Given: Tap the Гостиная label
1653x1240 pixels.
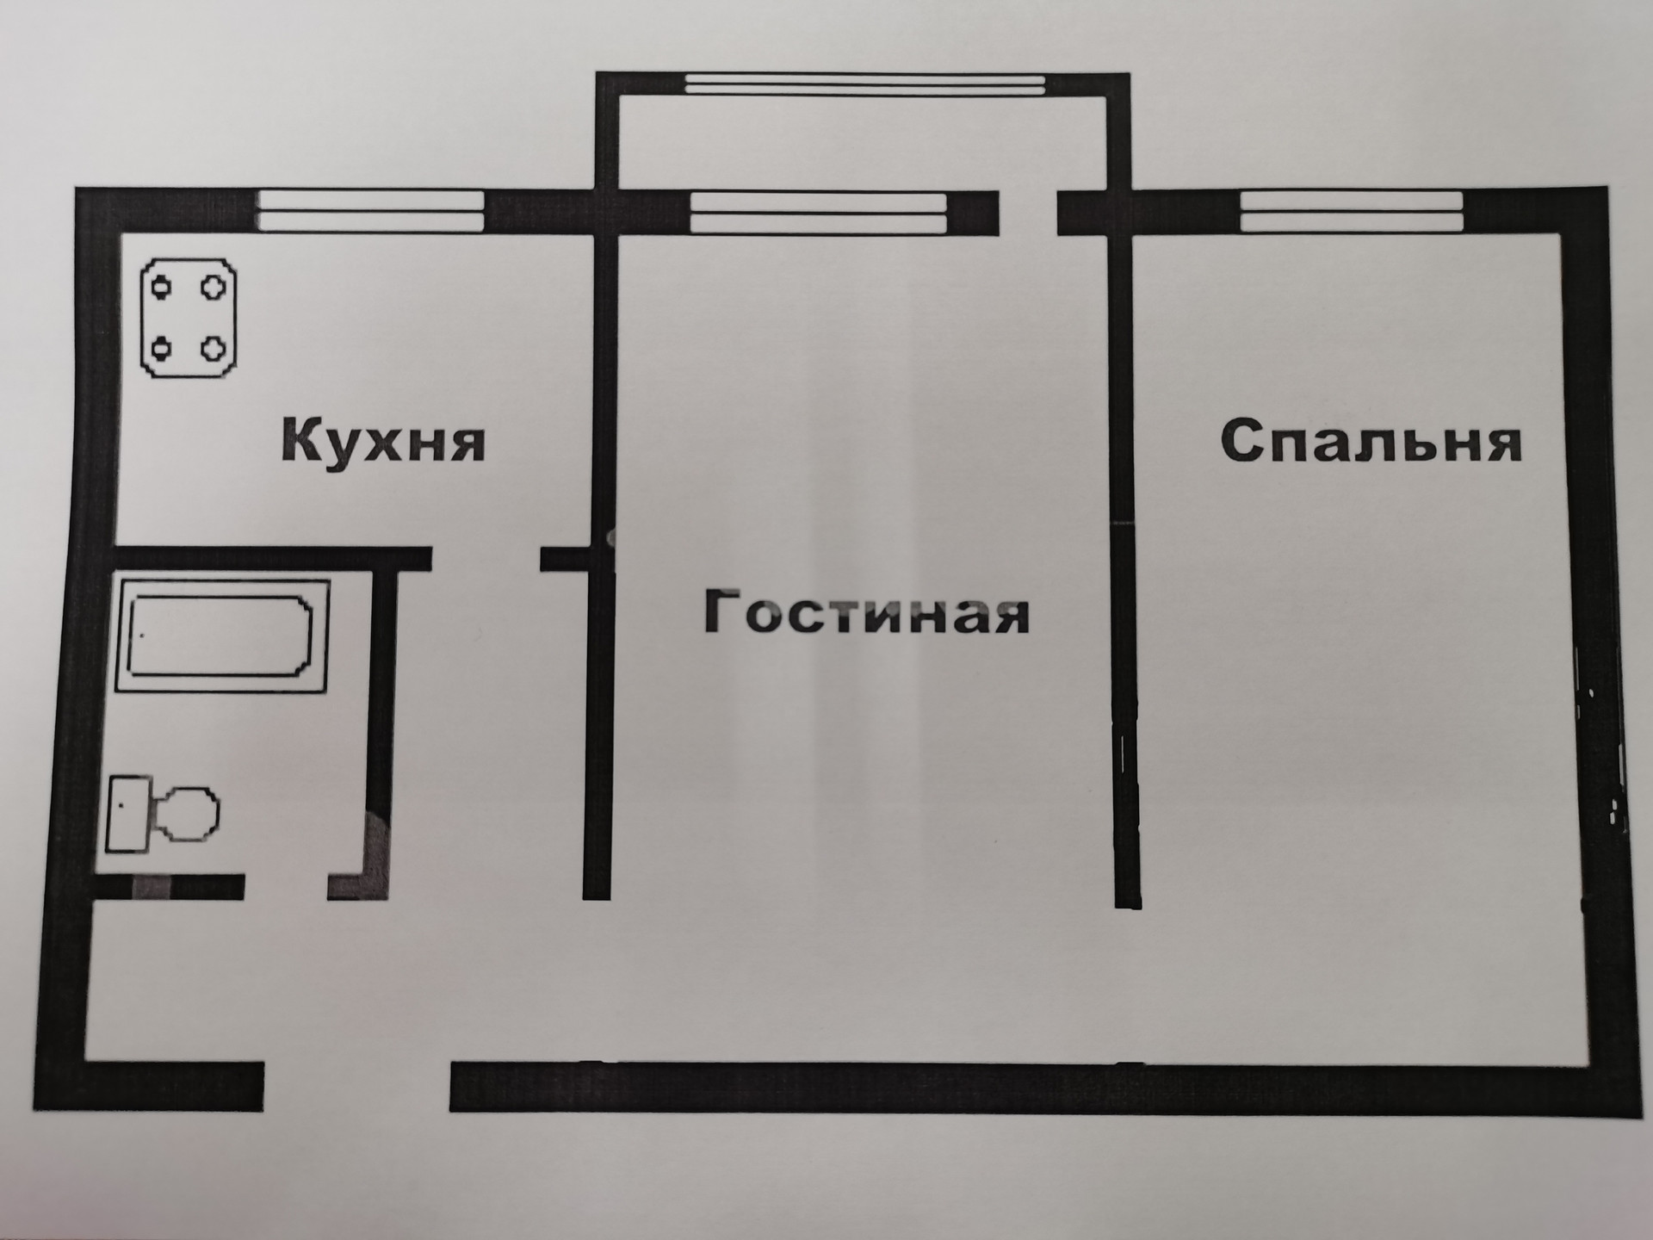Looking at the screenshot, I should tap(867, 612).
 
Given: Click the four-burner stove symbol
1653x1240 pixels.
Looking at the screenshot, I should tap(189, 319).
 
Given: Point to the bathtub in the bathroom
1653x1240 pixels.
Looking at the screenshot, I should tap(220, 635).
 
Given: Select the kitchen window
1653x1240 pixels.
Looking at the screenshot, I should tap(371, 210).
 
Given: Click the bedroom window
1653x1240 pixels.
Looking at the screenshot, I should tap(1351, 212).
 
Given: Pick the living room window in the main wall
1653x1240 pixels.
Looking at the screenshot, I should tap(818, 213).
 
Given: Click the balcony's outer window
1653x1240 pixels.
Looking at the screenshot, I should tap(864, 84).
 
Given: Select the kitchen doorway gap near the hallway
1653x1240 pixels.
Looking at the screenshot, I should tap(486, 558).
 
